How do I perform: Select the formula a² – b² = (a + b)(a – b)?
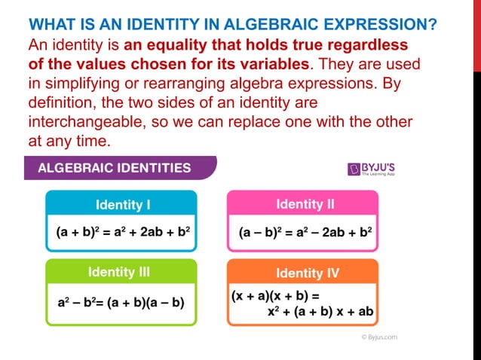[x=121, y=303]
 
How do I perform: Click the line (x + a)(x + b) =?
[x=276, y=296]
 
